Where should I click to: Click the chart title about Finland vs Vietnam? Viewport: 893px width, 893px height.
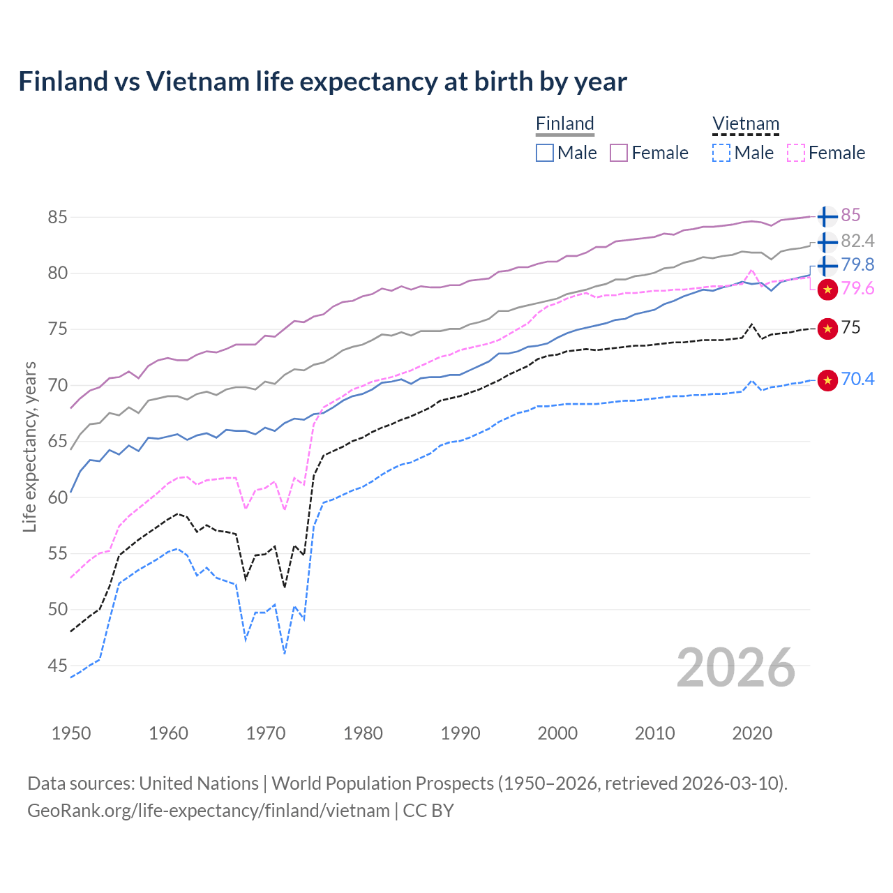322,82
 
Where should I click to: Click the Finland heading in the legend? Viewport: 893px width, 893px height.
564,123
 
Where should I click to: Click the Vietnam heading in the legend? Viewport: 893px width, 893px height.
745,123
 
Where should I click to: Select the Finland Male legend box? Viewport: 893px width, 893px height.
545,153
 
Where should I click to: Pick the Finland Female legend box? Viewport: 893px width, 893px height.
619,153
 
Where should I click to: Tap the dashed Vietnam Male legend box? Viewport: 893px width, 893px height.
721,153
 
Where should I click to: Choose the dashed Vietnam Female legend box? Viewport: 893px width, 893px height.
795,153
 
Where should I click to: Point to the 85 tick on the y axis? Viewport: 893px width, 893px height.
58,217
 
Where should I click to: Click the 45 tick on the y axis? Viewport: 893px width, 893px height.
58,666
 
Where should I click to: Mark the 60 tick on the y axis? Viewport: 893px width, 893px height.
58,497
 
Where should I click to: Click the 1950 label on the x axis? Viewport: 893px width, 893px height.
71,733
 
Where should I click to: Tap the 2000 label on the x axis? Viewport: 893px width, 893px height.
557,733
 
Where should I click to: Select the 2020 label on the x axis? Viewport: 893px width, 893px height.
752,733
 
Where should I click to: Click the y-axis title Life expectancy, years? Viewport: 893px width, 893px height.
30,446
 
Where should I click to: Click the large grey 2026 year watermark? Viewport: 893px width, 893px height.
735,668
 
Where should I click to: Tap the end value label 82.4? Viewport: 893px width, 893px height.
857,241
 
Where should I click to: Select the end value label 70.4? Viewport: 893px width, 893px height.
857,379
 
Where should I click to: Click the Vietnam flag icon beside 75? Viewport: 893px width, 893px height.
827,328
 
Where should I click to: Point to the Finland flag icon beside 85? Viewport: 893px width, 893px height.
827,217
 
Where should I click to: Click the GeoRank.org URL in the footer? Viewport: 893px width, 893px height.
209,811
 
